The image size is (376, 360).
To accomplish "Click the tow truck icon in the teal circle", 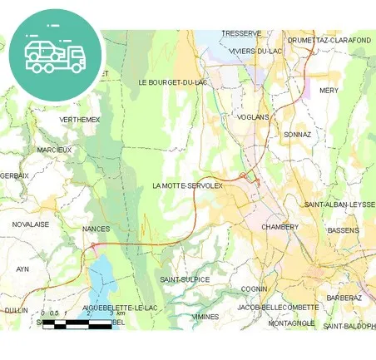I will [x=55, y=54].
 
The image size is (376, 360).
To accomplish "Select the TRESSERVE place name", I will [x=241, y=33].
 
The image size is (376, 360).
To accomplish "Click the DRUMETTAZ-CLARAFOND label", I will [x=329, y=40].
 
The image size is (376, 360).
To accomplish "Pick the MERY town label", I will [x=329, y=90].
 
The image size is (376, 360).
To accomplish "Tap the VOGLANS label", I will [x=253, y=117].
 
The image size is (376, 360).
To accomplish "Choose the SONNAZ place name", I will [x=297, y=134].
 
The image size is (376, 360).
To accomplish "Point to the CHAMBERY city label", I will [x=280, y=226].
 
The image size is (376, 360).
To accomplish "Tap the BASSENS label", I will [x=344, y=229].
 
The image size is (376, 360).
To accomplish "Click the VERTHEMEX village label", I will [x=80, y=120].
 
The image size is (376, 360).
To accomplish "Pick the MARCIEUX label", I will [x=55, y=150].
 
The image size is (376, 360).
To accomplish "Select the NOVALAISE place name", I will [x=30, y=224].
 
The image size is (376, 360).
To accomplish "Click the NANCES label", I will [x=96, y=228].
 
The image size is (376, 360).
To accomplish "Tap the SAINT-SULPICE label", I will [x=185, y=279].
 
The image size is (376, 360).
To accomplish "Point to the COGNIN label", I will [x=253, y=288].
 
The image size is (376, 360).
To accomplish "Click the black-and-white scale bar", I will [x=77, y=323].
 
